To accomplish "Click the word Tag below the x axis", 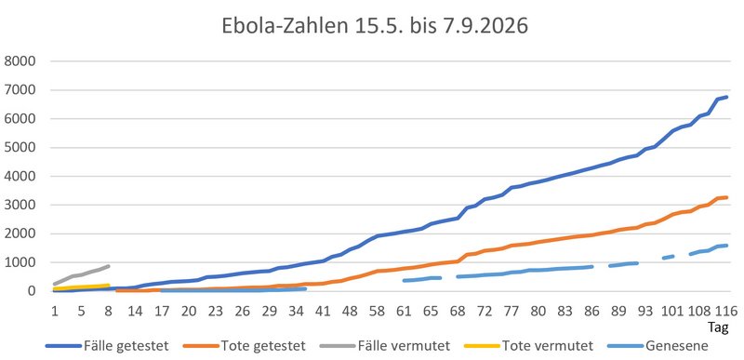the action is (x=718, y=327).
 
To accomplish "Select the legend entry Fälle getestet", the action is (x=108, y=346).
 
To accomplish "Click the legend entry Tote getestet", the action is (x=245, y=346).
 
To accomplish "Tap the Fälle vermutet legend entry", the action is (x=385, y=346).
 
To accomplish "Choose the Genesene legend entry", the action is (x=658, y=346).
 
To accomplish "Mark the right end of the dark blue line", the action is (x=726, y=97).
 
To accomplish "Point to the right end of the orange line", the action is (x=726, y=197).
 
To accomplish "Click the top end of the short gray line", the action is (x=109, y=266).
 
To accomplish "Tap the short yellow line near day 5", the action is (x=82, y=287).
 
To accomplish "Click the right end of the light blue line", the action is (x=726, y=246).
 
